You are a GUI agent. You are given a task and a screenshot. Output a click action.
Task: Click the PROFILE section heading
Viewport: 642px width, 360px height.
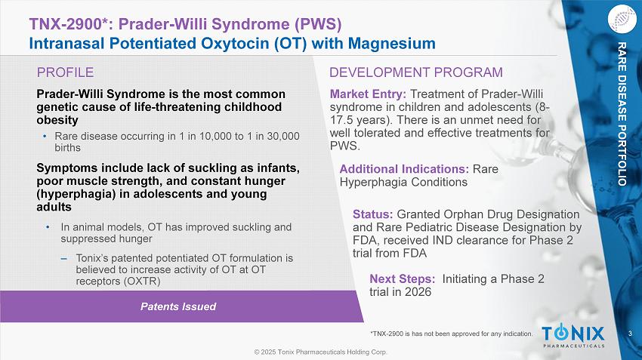click(x=65, y=72)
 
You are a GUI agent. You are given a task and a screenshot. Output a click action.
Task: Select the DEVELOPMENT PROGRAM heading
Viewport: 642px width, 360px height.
click(x=416, y=72)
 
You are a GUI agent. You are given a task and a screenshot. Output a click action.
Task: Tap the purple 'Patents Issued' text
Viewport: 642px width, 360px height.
click(x=178, y=306)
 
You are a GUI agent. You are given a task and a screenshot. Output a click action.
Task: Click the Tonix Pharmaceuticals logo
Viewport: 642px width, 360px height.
click(x=573, y=335)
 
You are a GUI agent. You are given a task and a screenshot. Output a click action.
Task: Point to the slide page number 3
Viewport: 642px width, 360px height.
click(x=631, y=334)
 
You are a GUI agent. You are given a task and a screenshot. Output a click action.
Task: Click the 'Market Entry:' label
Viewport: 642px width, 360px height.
click(x=368, y=94)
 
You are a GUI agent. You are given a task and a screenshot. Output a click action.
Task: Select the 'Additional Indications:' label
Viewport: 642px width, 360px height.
click(x=404, y=169)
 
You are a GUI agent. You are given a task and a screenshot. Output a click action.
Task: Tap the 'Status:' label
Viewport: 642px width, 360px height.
click(x=373, y=214)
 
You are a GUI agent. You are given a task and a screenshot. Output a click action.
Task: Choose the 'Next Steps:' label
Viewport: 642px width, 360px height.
click(x=403, y=279)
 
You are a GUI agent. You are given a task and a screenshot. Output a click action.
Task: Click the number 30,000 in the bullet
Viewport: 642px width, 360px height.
click(x=283, y=137)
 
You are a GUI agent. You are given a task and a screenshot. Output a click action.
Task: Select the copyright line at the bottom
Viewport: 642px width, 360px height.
click(x=320, y=352)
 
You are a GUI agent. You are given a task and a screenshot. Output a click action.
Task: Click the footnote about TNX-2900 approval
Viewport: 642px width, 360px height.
click(x=451, y=334)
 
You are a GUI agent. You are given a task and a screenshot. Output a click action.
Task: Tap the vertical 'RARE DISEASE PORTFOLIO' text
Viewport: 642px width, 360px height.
click(x=622, y=114)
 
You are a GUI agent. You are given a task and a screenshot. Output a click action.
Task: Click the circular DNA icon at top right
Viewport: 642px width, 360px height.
click(x=622, y=18)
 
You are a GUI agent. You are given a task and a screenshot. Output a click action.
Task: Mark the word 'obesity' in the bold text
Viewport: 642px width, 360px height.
click(x=57, y=120)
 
